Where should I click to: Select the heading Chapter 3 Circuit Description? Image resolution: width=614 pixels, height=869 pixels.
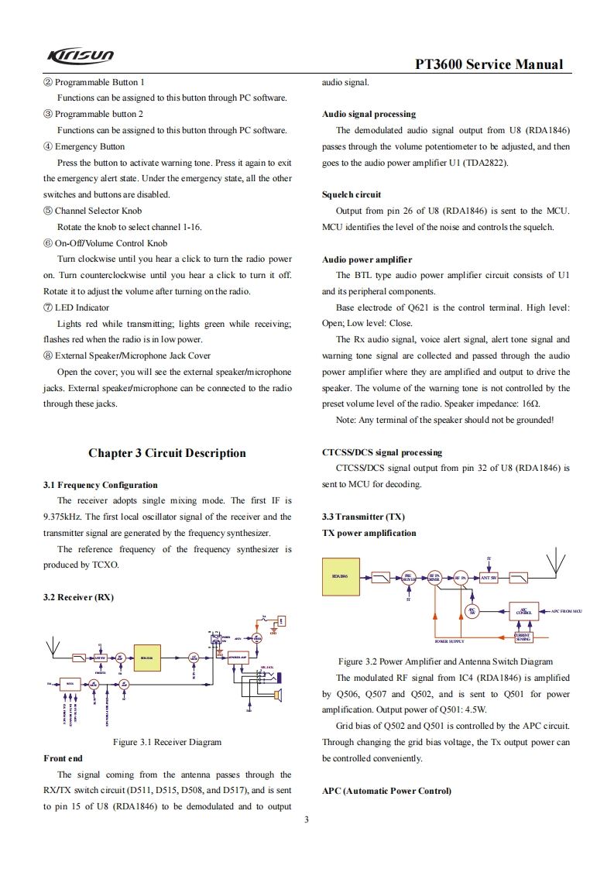pos(166,453)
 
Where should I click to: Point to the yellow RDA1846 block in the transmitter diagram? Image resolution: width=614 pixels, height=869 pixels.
pos(341,576)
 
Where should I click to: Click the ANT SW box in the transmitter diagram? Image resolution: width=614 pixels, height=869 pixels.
pos(489,578)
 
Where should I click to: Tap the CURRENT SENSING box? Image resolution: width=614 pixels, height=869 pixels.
pos(523,637)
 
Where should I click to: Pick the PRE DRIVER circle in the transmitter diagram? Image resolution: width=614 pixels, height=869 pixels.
pos(409,578)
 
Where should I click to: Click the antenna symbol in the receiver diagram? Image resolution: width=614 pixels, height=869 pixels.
pos(54,644)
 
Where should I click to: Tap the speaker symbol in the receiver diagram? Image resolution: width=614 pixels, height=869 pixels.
pos(278,695)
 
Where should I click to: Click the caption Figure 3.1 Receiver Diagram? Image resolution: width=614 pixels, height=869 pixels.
pos(167,742)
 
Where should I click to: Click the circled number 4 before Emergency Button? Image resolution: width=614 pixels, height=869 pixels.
pos(47,146)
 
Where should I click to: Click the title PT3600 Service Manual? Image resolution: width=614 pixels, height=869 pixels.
pos(489,64)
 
